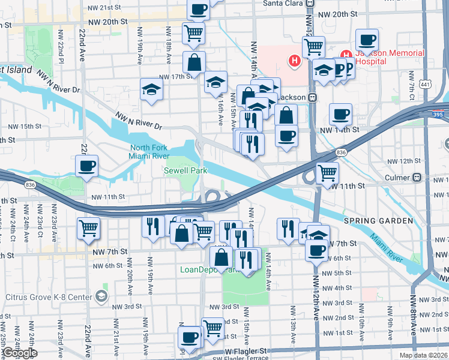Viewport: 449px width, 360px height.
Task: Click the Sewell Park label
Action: [185, 171]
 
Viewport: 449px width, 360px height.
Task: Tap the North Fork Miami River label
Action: [151, 152]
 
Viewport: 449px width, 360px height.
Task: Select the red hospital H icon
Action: [294, 61]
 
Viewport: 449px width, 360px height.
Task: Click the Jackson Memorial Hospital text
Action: [389, 57]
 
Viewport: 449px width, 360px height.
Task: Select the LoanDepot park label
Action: [204, 269]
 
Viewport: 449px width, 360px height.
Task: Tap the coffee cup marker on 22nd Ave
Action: [87, 166]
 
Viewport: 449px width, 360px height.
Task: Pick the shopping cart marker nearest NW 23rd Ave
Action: [89, 228]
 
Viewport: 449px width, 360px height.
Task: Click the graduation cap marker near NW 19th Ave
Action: [152, 90]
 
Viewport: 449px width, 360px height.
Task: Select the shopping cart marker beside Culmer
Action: [327, 173]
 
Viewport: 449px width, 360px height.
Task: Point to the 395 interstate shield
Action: [441, 114]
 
